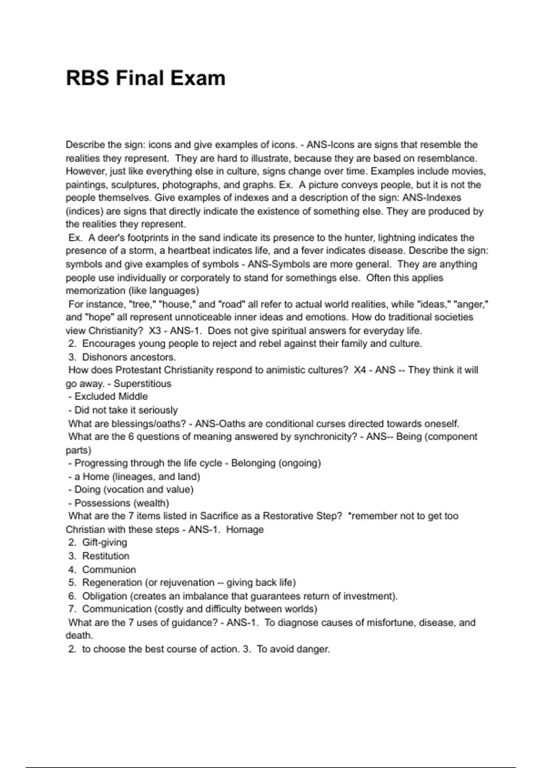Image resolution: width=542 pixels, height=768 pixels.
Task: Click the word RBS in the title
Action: (88, 78)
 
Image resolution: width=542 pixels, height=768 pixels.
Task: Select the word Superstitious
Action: (142, 384)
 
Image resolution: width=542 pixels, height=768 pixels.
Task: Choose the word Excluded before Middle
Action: (92, 397)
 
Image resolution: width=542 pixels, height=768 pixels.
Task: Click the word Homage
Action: (245, 529)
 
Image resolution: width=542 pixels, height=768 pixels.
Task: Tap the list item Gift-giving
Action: (104, 543)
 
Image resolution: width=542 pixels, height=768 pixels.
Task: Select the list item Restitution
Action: (106, 556)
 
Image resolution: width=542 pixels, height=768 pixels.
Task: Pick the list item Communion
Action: (109, 570)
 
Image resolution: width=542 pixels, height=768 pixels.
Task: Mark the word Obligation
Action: (105, 596)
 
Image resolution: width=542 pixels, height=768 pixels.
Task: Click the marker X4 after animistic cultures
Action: (360, 370)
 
